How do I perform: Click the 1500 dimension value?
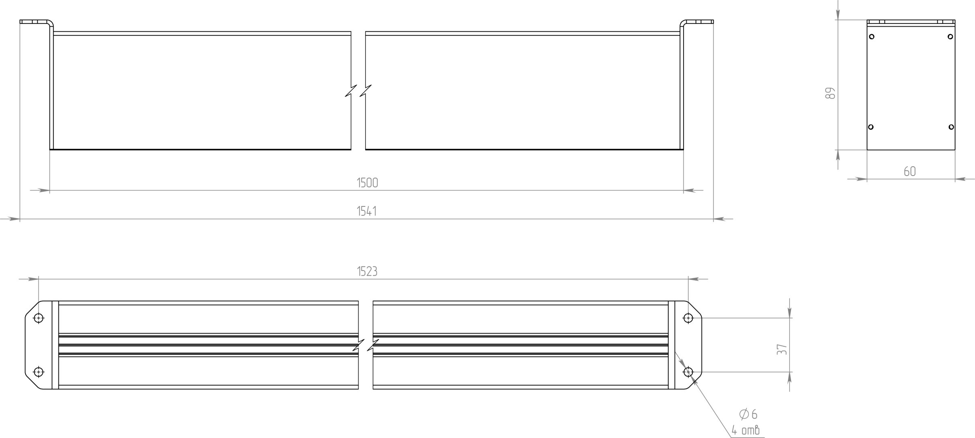[367, 183]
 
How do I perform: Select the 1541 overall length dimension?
[367, 211]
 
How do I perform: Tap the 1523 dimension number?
[367, 271]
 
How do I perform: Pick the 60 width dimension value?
[910, 172]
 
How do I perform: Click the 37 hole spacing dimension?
[782, 350]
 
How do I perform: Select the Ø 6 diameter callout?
[748, 414]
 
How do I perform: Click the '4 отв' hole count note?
[746, 430]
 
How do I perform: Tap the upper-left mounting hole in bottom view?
[39, 318]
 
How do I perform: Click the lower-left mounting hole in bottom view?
[39, 371]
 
